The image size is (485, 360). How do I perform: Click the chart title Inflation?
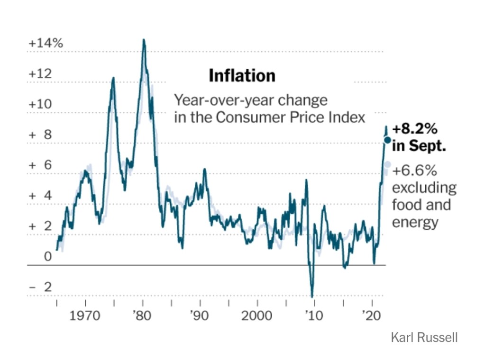pyautogui.click(x=242, y=76)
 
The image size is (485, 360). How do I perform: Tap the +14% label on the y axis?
pyautogui.click(x=46, y=43)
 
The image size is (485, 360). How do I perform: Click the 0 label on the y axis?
pyautogui.click(x=47, y=257)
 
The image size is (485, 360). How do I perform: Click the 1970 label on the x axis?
pyautogui.click(x=85, y=315)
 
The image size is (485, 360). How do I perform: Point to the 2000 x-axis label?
pyautogui.click(x=257, y=315)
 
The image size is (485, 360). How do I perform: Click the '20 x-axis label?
pyautogui.click(x=372, y=315)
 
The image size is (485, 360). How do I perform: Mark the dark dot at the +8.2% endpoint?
pyautogui.click(x=387, y=140)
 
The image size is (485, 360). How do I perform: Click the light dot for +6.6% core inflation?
pyautogui.click(x=387, y=164)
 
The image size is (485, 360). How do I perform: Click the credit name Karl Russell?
pyautogui.click(x=424, y=338)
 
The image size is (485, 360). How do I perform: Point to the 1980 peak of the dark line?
pyautogui.click(x=144, y=40)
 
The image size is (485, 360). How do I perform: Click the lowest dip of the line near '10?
pyautogui.click(x=312, y=296)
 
